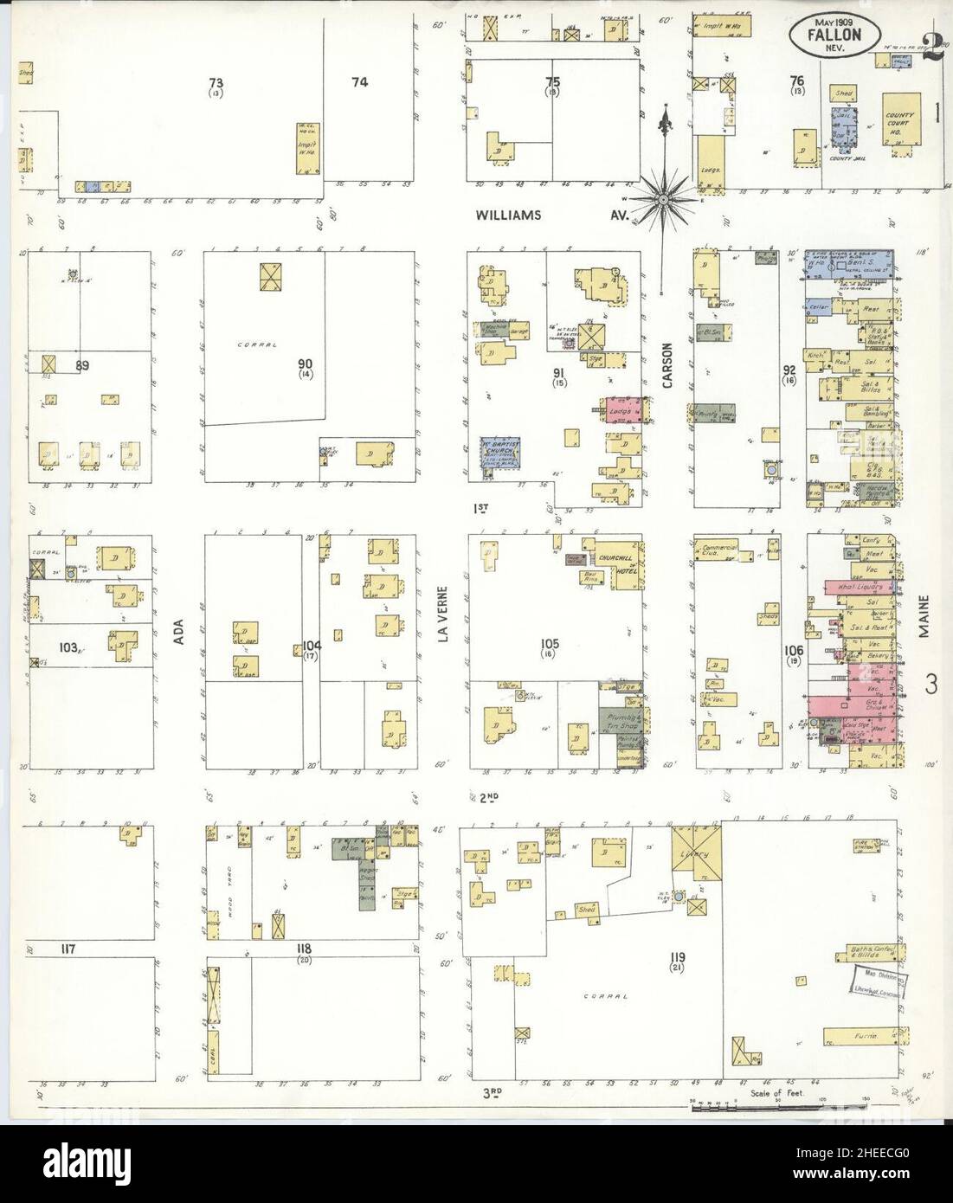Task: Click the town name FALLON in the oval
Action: coord(828,36)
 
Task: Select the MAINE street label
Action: coord(924,616)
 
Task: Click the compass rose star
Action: coord(664,199)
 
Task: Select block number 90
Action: coord(306,363)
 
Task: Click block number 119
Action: coord(677,956)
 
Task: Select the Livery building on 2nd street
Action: coord(697,852)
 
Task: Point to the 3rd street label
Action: coord(492,1093)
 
